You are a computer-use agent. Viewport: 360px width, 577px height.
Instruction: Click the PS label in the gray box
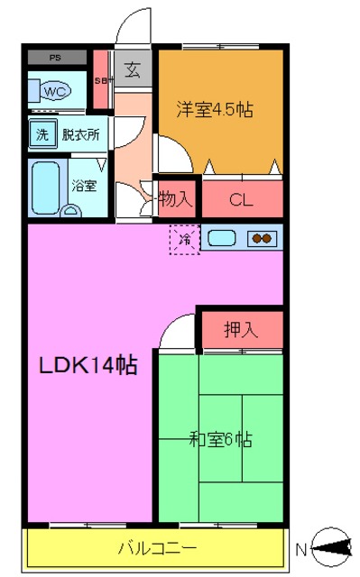[56, 58]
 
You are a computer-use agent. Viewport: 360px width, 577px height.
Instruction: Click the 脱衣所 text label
[80, 135]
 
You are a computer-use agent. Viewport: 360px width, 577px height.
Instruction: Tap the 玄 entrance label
[133, 69]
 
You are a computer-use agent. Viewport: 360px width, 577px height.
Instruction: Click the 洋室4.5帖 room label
[214, 109]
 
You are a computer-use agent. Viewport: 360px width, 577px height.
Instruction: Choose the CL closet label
[240, 200]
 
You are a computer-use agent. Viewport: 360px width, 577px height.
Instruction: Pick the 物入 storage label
[175, 200]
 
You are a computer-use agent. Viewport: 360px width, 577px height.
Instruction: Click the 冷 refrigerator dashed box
[185, 239]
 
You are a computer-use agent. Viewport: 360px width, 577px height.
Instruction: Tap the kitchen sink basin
[223, 239]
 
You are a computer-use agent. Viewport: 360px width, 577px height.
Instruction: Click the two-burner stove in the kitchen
[261, 239]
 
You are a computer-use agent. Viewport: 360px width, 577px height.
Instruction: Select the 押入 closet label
[240, 329]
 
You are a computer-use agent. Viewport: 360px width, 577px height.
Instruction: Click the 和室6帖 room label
[220, 440]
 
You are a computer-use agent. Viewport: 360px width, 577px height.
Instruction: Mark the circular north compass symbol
[334, 545]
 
